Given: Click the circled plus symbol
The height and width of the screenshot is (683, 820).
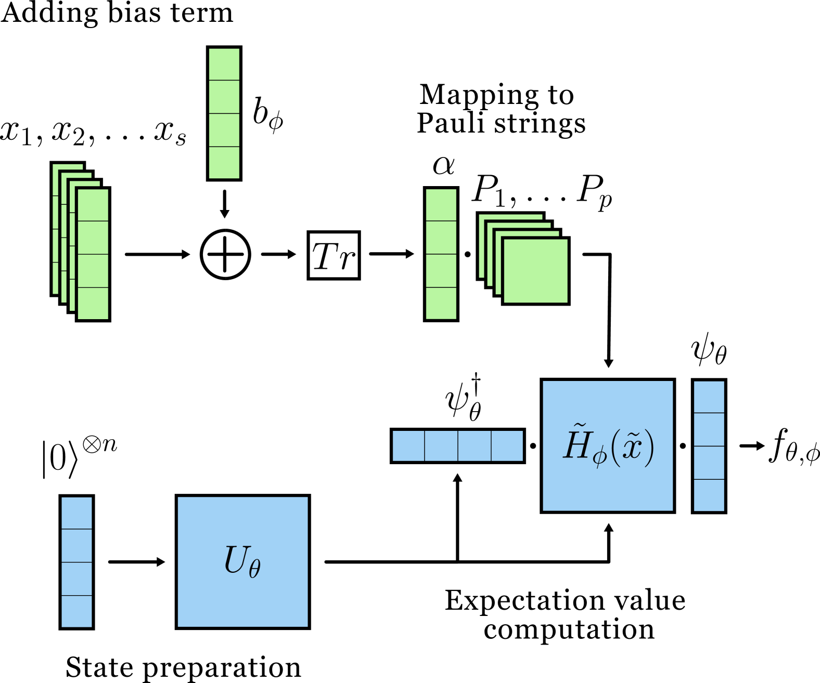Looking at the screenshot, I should point(225,254).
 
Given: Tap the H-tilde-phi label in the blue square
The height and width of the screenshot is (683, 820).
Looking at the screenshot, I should point(608,445).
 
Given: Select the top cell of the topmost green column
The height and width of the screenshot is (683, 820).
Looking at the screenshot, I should point(224,64).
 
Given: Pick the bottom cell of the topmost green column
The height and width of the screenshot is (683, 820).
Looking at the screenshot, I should point(224,162).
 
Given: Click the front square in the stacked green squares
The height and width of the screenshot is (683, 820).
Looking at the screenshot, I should point(535,271).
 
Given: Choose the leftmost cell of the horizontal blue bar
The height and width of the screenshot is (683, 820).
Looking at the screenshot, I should point(408,445).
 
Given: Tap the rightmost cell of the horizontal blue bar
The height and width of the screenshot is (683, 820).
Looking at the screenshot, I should point(507,445).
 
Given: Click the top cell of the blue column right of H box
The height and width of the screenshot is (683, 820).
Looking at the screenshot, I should point(709,397).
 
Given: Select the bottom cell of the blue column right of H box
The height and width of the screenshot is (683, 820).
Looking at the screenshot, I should point(709,495).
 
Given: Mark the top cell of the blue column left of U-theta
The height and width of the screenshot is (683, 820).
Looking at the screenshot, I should point(76,513).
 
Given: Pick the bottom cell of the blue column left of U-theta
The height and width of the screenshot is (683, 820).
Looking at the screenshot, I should point(76,611).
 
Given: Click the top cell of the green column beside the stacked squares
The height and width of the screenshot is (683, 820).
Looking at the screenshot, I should point(441,205).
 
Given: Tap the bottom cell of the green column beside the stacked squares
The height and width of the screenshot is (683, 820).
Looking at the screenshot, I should point(441,303).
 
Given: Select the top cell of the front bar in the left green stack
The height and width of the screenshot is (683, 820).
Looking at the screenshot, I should point(93,205).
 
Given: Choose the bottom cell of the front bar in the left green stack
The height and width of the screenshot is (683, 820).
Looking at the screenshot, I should point(93,303).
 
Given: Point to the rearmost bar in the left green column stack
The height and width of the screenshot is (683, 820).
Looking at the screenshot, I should point(56,229).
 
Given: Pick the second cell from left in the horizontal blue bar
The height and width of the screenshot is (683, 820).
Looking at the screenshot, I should point(441,445).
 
